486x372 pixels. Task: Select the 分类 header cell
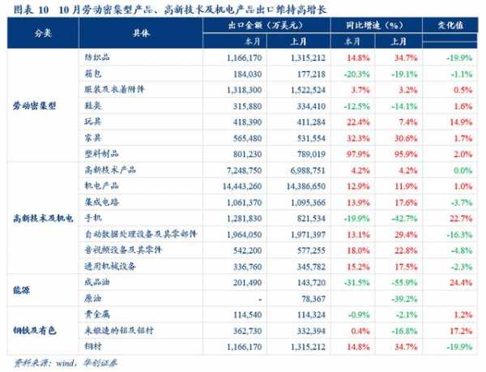(x=41, y=32)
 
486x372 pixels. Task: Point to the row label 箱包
(x=94, y=74)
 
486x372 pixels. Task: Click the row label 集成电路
(x=100, y=203)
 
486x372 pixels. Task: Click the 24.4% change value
(x=458, y=283)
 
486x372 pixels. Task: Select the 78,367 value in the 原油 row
(x=309, y=299)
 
